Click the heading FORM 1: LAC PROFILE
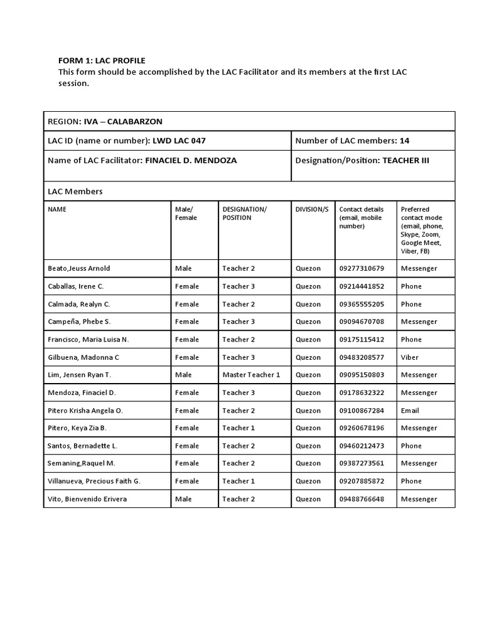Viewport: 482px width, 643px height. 102,60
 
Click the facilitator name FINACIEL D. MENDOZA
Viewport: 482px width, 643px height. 191,160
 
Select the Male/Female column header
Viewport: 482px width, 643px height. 186,213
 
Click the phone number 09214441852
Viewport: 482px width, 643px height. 361,286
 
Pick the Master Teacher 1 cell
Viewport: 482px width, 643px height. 251,375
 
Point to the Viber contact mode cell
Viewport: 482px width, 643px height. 409,357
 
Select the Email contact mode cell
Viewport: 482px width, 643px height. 410,410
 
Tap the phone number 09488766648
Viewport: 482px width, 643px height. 361,499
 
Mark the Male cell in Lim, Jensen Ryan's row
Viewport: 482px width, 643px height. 183,375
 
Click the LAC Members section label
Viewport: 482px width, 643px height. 75,191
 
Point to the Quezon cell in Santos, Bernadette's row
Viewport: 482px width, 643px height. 308,446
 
